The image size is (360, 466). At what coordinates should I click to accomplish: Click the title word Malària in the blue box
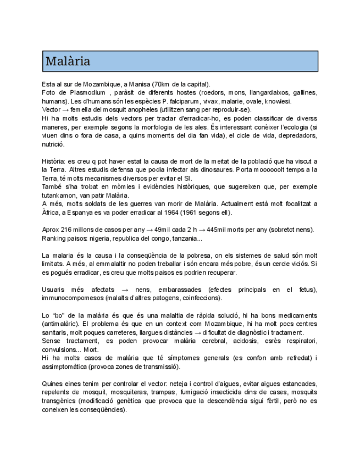point(68,60)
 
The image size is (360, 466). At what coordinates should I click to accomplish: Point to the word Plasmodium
point(87,92)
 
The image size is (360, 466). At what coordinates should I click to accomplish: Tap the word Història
point(54,161)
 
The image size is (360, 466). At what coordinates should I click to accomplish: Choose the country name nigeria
point(104,238)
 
